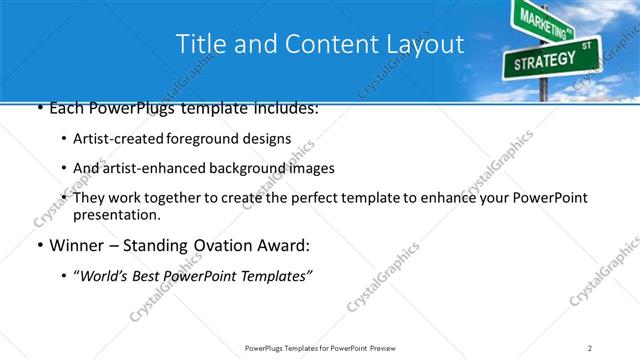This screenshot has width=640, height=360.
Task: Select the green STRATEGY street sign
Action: (544, 61)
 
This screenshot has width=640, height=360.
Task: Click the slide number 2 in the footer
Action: (589, 348)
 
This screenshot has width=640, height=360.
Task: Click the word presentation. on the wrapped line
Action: (116, 215)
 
